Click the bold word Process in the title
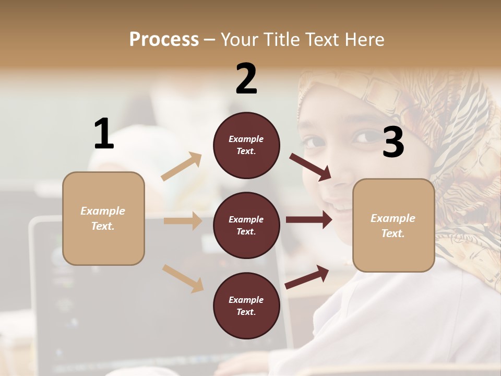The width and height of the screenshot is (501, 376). point(164,39)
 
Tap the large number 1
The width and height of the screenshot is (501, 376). point(104,134)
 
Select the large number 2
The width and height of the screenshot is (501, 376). point(246,79)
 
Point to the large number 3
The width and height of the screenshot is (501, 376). point(393,143)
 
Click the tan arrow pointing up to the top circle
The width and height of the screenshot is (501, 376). point(182,167)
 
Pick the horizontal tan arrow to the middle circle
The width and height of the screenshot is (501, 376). point(183,221)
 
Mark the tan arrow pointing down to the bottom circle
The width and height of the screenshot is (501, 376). point(183,278)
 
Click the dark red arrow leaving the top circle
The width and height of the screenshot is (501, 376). point(311,167)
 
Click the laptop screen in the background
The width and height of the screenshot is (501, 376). point(78,292)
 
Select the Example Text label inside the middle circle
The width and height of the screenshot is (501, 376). point(246,226)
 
